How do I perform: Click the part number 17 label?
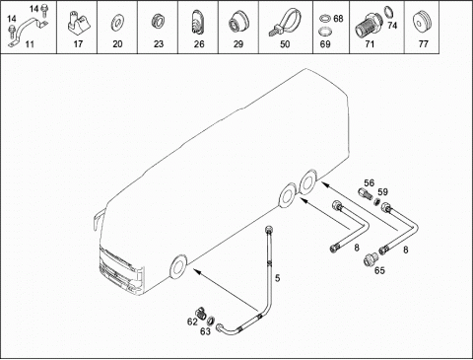(x=78, y=43)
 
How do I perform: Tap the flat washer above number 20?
(x=116, y=24)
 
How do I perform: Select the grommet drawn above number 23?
(x=157, y=23)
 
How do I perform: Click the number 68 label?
(x=338, y=19)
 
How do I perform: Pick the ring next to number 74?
(x=388, y=12)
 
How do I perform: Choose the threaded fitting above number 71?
(x=367, y=25)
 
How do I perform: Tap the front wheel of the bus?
(x=177, y=266)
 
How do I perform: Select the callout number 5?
(x=278, y=278)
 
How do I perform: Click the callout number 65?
(x=379, y=270)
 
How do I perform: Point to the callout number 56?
(x=369, y=183)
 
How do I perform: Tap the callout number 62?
(x=192, y=322)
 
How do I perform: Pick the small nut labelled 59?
(x=377, y=200)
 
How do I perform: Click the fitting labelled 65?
(x=370, y=258)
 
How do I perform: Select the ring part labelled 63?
(x=211, y=320)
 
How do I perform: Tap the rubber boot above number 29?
(x=238, y=24)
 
